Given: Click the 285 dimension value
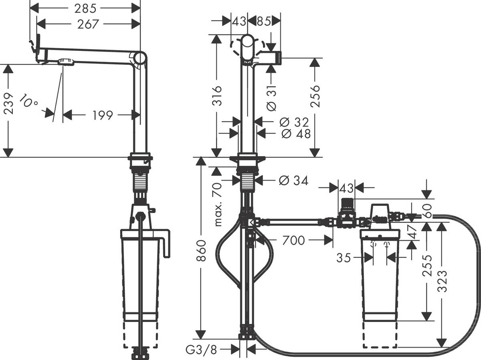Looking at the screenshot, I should click(x=85, y=7).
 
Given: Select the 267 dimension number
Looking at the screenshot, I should click(x=88, y=24).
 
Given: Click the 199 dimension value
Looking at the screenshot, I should click(x=103, y=115).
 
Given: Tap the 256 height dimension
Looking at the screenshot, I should click(x=315, y=96).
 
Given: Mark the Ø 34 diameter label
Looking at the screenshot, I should click(x=293, y=181).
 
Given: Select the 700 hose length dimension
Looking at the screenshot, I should click(x=293, y=240).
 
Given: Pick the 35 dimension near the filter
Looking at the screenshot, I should click(x=344, y=257).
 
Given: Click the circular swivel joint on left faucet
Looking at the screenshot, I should click(x=140, y=58).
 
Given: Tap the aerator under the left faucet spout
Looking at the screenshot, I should click(x=66, y=62).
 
